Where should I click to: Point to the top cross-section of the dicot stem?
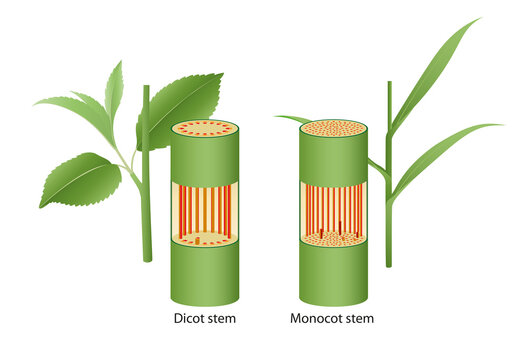[x=205, y=128]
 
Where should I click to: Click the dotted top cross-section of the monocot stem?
[x=333, y=128]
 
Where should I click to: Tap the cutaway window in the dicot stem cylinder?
[x=205, y=210]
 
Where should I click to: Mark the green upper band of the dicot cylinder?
[x=205, y=158]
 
